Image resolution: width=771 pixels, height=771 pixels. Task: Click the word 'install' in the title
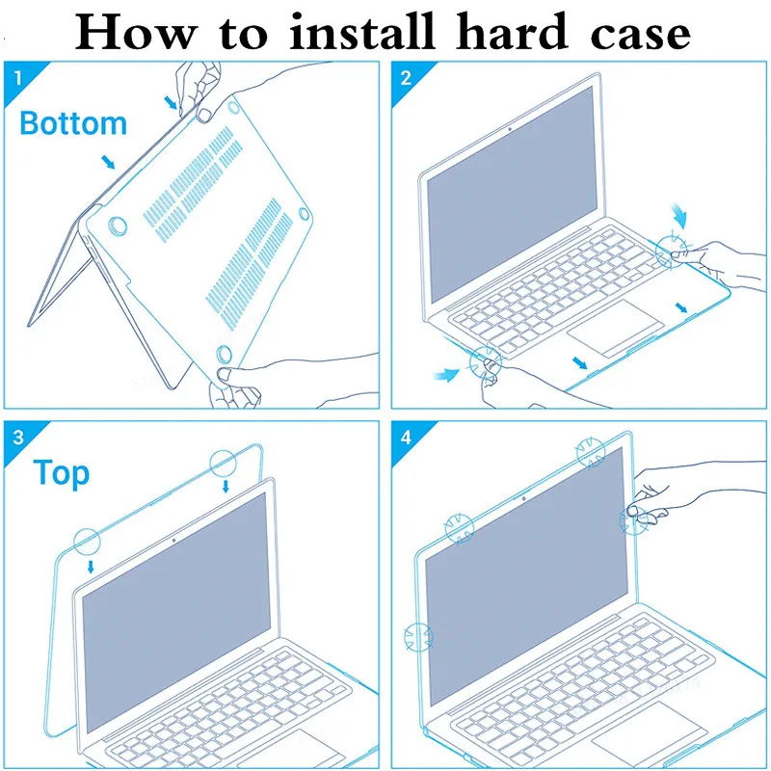coord(362,32)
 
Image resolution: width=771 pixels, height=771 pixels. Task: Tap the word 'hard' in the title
coord(513,32)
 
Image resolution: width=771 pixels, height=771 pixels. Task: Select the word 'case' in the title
coord(641,36)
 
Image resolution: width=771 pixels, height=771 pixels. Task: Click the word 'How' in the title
coord(135,33)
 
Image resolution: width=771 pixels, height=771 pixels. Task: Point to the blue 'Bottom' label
coord(73,123)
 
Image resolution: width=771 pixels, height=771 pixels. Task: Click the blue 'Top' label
coord(62,473)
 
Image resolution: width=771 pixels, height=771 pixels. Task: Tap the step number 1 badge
coord(18,78)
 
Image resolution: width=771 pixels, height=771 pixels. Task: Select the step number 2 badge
coord(406,78)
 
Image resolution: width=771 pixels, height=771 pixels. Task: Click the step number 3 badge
coord(18,438)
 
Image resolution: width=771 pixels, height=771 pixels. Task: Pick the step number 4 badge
coord(406,438)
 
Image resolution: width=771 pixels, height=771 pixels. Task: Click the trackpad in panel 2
coord(615,327)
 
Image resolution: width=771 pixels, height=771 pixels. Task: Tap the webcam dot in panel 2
coord(510,129)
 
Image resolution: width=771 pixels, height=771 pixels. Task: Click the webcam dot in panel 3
coord(174,541)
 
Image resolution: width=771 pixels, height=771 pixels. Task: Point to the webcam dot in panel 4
coord(523,498)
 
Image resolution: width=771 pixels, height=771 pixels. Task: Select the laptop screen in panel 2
coord(512,194)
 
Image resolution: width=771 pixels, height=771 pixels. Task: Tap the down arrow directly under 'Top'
coord(91,567)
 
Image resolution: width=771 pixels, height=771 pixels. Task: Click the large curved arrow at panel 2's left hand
coord(446,375)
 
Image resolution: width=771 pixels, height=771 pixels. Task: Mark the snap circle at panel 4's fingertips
coord(633,520)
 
